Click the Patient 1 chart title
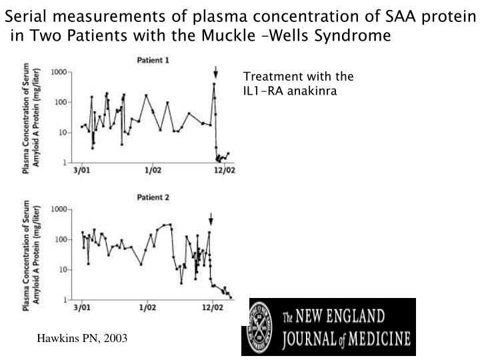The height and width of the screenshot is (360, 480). tap(153, 60)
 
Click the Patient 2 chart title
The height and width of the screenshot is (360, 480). tap(153, 198)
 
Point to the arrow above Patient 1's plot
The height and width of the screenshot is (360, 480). tap(215, 72)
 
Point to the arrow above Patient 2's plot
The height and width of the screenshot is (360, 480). tap(211, 219)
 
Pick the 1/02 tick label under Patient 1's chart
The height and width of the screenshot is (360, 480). tap(153, 171)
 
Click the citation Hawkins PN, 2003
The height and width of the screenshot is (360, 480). tap(81, 339)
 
